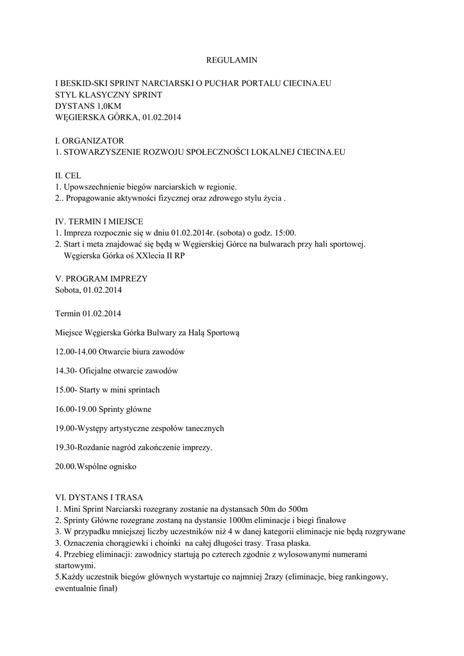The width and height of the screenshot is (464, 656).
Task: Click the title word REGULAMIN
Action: [231, 60]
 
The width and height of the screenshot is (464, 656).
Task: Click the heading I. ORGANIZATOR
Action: [90, 140]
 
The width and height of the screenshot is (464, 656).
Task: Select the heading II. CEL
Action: [69, 176]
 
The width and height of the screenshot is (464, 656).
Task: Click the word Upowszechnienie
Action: [94, 187]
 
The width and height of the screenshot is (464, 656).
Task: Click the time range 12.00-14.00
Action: [76, 352]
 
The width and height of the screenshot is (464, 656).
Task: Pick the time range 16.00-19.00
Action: [76, 409]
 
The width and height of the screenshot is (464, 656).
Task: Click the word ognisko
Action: [120, 466]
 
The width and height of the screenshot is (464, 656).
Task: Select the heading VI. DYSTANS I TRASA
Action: [99, 498]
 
